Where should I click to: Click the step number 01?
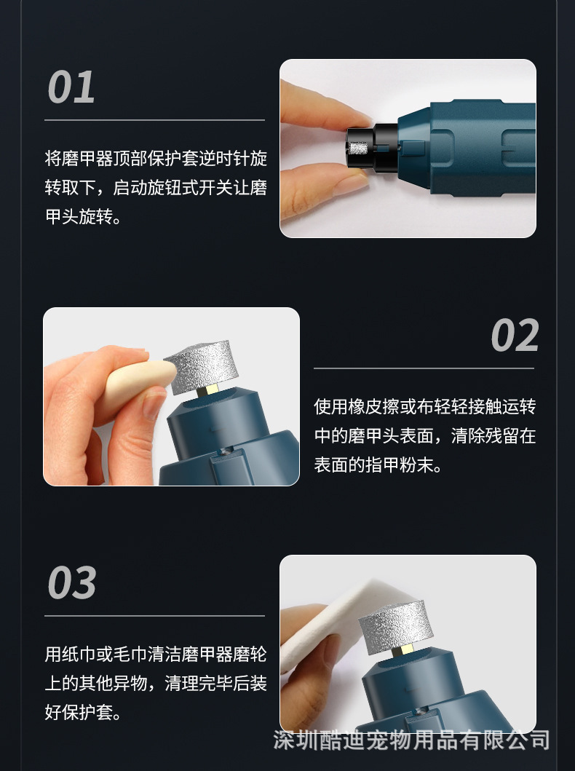(x=71, y=87)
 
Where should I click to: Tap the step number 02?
(x=515, y=335)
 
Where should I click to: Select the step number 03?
(x=72, y=582)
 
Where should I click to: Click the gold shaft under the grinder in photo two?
(x=209, y=391)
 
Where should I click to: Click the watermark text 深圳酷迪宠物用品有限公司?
(x=411, y=740)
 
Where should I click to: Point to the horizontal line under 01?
(x=155, y=120)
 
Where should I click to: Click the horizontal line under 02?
(x=424, y=368)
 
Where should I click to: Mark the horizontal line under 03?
(x=155, y=616)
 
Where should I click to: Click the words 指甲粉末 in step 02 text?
(x=400, y=464)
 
